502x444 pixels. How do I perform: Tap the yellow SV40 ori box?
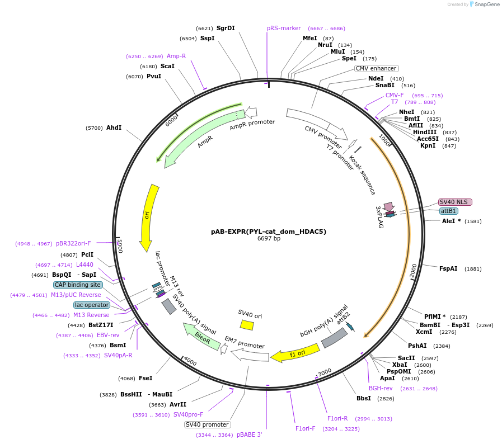click(x=247, y=324)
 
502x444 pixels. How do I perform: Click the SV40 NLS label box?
click(x=455, y=202)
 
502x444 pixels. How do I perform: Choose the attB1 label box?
click(x=448, y=211)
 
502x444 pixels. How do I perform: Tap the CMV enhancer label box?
click(x=376, y=68)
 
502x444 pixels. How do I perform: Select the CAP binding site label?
click(x=78, y=285)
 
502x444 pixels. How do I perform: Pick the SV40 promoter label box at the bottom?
click(x=207, y=424)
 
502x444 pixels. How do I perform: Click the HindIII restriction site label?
click(x=425, y=132)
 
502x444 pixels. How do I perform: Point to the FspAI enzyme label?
click(x=448, y=268)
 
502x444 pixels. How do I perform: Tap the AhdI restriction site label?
click(x=114, y=127)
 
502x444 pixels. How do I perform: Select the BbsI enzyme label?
click(x=364, y=399)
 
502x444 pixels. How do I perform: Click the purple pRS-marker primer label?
click(x=284, y=28)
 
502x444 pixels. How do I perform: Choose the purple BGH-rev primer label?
click(x=381, y=388)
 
